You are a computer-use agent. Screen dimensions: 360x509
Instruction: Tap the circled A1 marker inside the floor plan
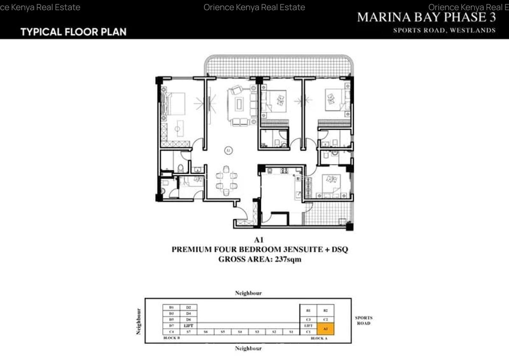coord(228,150)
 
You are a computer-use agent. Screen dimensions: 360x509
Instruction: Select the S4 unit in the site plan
coord(240,332)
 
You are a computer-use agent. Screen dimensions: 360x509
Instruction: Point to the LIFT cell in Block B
coord(188,325)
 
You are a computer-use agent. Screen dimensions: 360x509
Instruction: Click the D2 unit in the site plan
coord(188,307)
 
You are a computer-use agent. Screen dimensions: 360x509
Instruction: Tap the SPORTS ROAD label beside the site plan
coord(364,321)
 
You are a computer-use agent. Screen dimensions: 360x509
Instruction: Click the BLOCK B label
coord(172,338)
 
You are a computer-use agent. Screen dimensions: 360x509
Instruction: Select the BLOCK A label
coord(319,338)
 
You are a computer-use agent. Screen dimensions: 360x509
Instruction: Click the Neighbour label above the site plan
coord(249,293)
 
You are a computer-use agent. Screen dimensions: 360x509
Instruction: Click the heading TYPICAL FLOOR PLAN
coord(73,32)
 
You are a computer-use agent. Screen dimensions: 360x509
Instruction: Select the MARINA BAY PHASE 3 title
coord(426,17)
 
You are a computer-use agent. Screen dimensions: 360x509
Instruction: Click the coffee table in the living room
coord(239,104)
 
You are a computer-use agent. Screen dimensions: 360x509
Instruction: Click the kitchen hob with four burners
coord(284,171)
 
